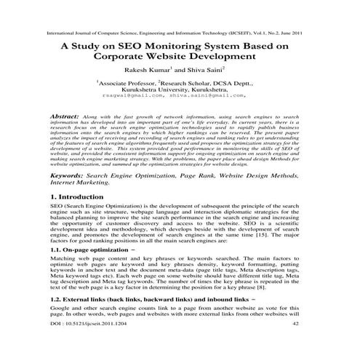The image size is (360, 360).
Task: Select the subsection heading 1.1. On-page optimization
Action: point(99,249)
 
